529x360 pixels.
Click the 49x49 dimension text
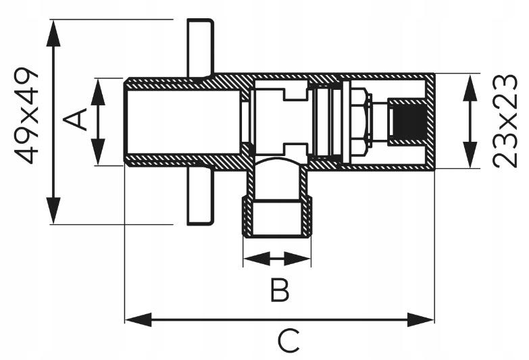tap(26, 115)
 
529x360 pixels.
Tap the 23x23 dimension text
tap(505, 121)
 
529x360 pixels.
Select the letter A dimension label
tap(75, 120)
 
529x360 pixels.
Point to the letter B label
tap(280, 290)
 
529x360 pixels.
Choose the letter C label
tap(288, 342)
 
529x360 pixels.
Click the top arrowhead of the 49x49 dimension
tap(53, 33)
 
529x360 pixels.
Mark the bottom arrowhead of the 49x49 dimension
tap(53, 210)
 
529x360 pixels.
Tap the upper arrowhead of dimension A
tap(98, 92)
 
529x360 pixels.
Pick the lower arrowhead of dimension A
tap(98, 152)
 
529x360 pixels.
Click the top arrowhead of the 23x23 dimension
tap(470, 88)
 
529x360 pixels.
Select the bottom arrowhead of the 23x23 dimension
tap(470, 155)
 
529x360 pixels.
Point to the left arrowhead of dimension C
tap(138, 319)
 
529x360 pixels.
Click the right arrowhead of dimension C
tap(421, 319)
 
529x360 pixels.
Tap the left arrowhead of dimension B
tap(257, 259)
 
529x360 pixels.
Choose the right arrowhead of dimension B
tap(297, 259)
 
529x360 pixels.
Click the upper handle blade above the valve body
tap(201, 48)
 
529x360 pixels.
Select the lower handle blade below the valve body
tap(201, 196)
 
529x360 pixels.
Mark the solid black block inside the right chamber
tap(409, 122)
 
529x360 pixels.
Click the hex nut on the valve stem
tap(359, 122)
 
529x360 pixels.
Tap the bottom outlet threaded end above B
tap(276, 217)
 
